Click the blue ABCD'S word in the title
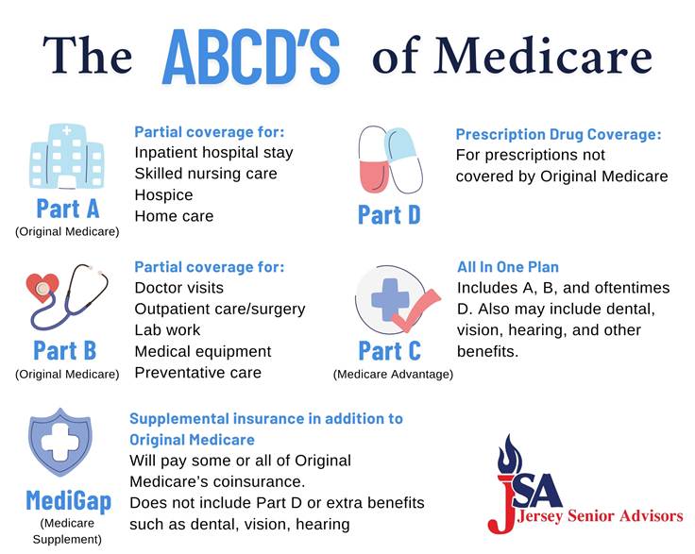[251, 57]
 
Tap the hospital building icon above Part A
[67, 157]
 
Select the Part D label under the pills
[389, 215]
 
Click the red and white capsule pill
[373, 159]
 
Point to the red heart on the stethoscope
[42, 288]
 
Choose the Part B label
[65, 351]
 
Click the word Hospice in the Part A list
[164, 194]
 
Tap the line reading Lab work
[167, 330]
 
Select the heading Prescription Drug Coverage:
[558, 134]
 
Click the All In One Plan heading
[508, 267]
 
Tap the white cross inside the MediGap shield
[59, 443]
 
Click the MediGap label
[69, 501]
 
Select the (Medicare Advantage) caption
[393, 374]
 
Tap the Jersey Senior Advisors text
[601, 516]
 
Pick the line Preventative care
[198, 373]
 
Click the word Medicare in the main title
[543, 57]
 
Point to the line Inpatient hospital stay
[214, 153]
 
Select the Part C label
[390, 351]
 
